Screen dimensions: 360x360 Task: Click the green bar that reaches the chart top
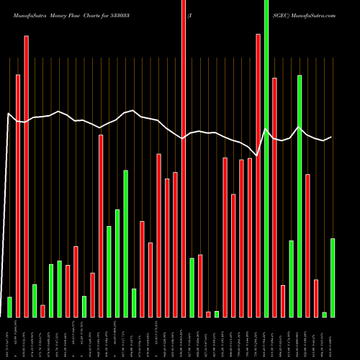(x=266, y=158)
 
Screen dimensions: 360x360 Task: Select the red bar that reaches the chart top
(x=184, y=158)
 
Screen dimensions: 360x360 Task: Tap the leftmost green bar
(x=9, y=307)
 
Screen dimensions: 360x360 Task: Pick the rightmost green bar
(x=333, y=277)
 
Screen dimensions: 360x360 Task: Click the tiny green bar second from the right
(x=325, y=314)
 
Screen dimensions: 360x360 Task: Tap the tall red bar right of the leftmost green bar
(x=18, y=195)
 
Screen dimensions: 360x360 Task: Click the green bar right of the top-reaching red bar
(x=192, y=287)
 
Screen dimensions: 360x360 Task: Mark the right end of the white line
(x=332, y=137)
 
